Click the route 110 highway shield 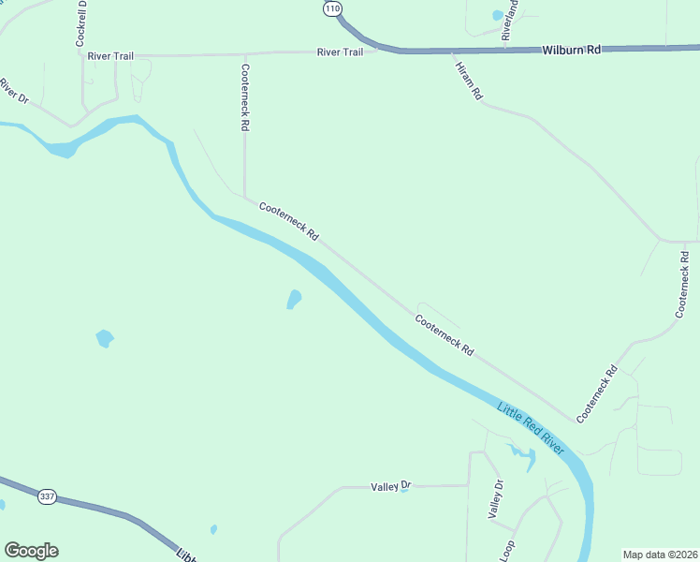[332, 7]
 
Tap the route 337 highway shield [46, 495]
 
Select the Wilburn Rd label [571, 49]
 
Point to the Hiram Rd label [468, 81]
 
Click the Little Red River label [531, 429]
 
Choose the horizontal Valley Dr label [390, 486]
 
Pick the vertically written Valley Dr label [496, 498]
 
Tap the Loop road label [506, 550]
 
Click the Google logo [31, 551]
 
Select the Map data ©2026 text [661, 555]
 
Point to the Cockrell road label [81, 23]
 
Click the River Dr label [12, 90]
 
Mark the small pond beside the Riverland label [496, 15]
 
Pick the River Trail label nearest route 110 [340, 52]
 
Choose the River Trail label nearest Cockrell [110, 56]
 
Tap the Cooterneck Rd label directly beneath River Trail [245, 96]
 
